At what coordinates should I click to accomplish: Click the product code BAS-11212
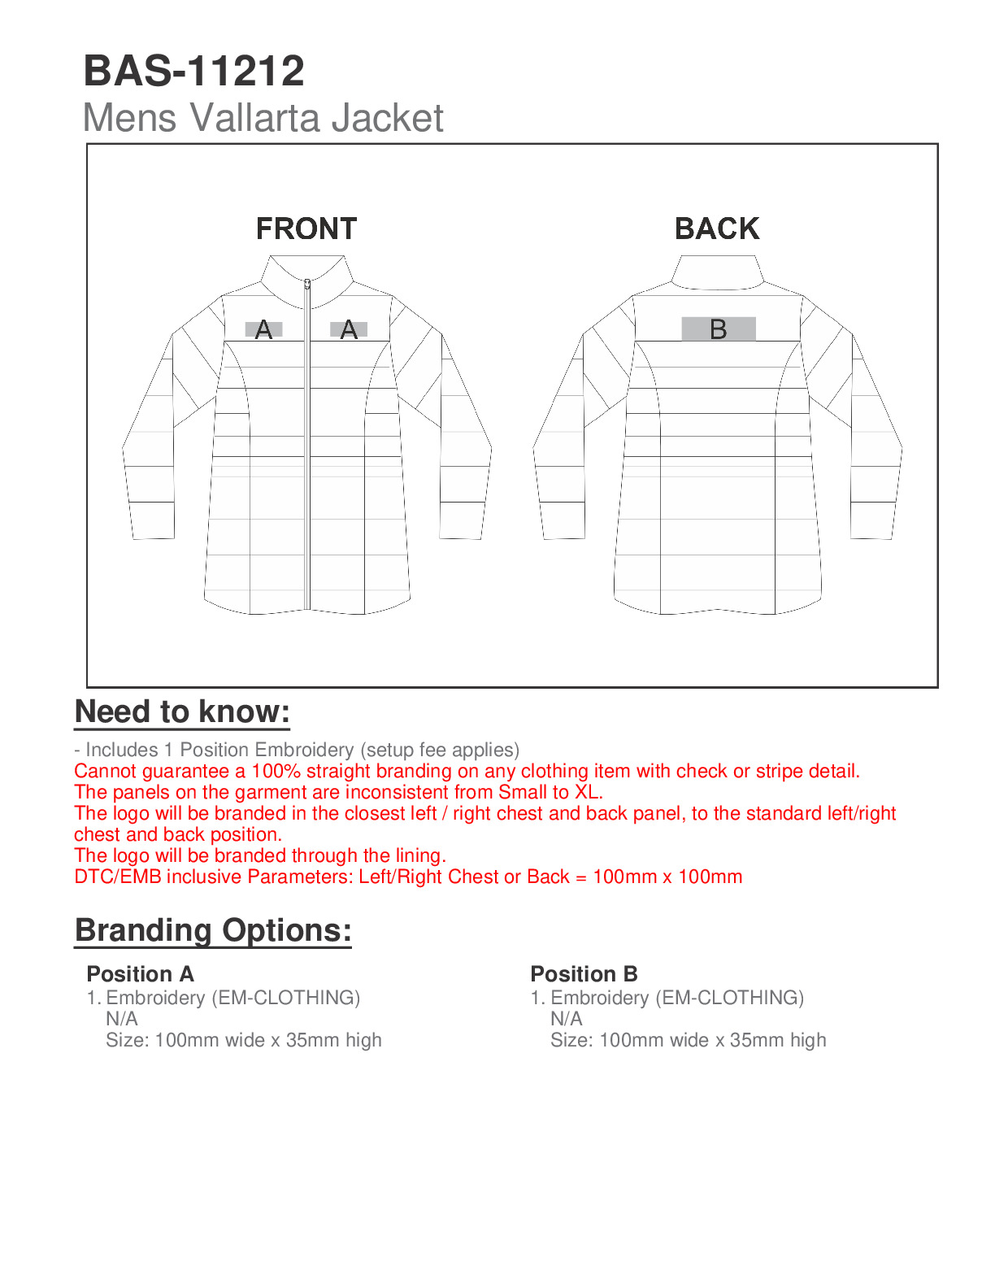193,71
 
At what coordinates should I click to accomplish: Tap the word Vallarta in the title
254,118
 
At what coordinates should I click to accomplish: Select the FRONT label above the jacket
306,229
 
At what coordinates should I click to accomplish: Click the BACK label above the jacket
717,229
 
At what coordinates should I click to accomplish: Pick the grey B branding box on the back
719,329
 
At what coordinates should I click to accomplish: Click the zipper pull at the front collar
307,285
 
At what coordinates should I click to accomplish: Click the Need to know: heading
182,711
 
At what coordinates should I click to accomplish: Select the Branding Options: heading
213,930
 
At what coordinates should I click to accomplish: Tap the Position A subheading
140,974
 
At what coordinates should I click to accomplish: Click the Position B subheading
584,974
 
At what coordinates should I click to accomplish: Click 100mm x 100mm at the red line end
667,877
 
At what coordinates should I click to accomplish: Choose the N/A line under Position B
566,1019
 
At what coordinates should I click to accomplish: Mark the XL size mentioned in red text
587,792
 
